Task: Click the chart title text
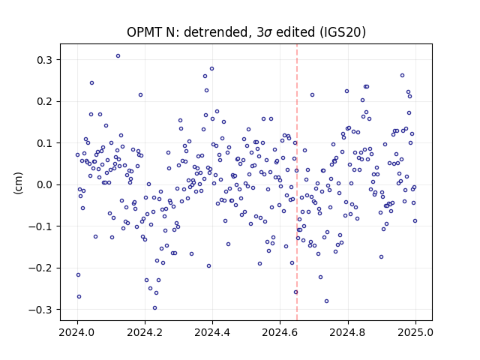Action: point(247,31)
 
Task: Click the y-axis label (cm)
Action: point(18,183)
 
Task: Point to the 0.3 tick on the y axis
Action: point(44,60)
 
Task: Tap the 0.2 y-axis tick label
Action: point(44,102)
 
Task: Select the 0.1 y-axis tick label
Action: point(44,143)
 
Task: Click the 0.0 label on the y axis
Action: point(44,185)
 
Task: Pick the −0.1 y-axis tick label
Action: point(40,226)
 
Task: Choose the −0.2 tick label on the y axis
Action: point(40,268)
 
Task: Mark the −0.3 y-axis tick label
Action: point(40,310)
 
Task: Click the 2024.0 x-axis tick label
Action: point(77,332)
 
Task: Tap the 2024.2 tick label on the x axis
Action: point(145,332)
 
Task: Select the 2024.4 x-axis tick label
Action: point(212,332)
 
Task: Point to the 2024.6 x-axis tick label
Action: point(280,332)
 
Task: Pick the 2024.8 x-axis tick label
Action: point(348,332)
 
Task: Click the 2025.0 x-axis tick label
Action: point(415,332)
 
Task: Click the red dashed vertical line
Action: point(297,182)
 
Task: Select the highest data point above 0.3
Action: point(118,56)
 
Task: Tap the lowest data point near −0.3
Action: point(155,308)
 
